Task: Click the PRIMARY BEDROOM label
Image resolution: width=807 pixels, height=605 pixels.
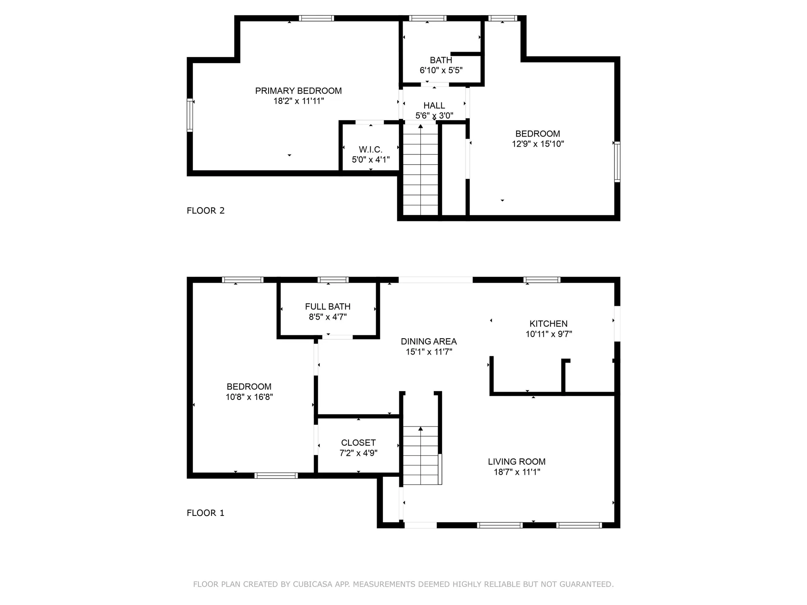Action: click(298, 91)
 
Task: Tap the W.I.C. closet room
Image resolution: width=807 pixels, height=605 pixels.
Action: click(370, 154)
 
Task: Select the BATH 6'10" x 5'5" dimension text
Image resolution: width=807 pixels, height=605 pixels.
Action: click(441, 70)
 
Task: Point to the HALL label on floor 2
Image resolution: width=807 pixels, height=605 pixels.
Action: click(434, 105)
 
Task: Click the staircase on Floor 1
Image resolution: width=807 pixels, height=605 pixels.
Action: click(420, 456)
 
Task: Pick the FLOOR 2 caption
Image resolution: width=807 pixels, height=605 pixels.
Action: click(206, 210)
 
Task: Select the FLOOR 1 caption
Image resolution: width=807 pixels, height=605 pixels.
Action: click(206, 513)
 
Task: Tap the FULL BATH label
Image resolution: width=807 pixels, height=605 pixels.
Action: click(327, 307)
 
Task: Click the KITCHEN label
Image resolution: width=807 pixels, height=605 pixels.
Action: click(548, 324)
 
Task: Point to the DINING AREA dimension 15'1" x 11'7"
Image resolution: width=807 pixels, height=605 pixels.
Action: click(429, 352)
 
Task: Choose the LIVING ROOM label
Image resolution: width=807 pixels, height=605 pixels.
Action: click(517, 461)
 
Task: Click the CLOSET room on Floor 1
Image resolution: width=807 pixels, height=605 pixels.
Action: click(358, 447)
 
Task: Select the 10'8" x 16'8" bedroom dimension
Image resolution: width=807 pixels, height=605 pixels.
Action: click(249, 397)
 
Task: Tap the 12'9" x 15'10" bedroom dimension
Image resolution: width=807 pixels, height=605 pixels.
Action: click(538, 144)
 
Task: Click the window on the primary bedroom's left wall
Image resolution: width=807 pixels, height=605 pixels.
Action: click(190, 115)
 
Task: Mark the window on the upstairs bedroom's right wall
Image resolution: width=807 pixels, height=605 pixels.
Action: click(617, 162)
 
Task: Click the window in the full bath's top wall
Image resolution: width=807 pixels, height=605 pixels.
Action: click(333, 280)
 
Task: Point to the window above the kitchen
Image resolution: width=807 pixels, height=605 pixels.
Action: click(542, 280)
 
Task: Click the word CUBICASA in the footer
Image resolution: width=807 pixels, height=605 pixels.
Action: click(313, 584)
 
